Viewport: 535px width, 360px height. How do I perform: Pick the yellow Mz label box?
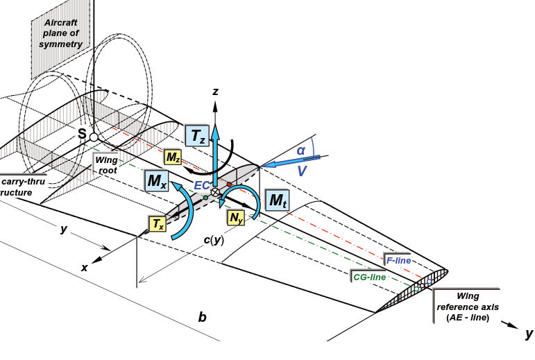(173, 157)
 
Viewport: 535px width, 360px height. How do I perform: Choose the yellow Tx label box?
(158, 223)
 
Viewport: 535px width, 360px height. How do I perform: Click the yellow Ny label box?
(236, 217)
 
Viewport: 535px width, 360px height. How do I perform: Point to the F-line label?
(398, 260)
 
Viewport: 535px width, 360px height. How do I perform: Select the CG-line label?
(369, 277)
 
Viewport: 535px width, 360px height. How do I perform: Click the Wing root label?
(107, 164)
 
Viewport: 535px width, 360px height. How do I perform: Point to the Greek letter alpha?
(300, 149)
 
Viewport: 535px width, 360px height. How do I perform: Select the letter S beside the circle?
(82, 134)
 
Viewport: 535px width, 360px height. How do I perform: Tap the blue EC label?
(202, 185)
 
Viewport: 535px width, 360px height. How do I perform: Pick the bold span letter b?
(202, 317)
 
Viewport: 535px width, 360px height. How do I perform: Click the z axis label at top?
(216, 91)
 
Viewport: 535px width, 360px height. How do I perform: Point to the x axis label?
(85, 267)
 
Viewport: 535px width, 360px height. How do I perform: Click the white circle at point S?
(94, 137)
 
